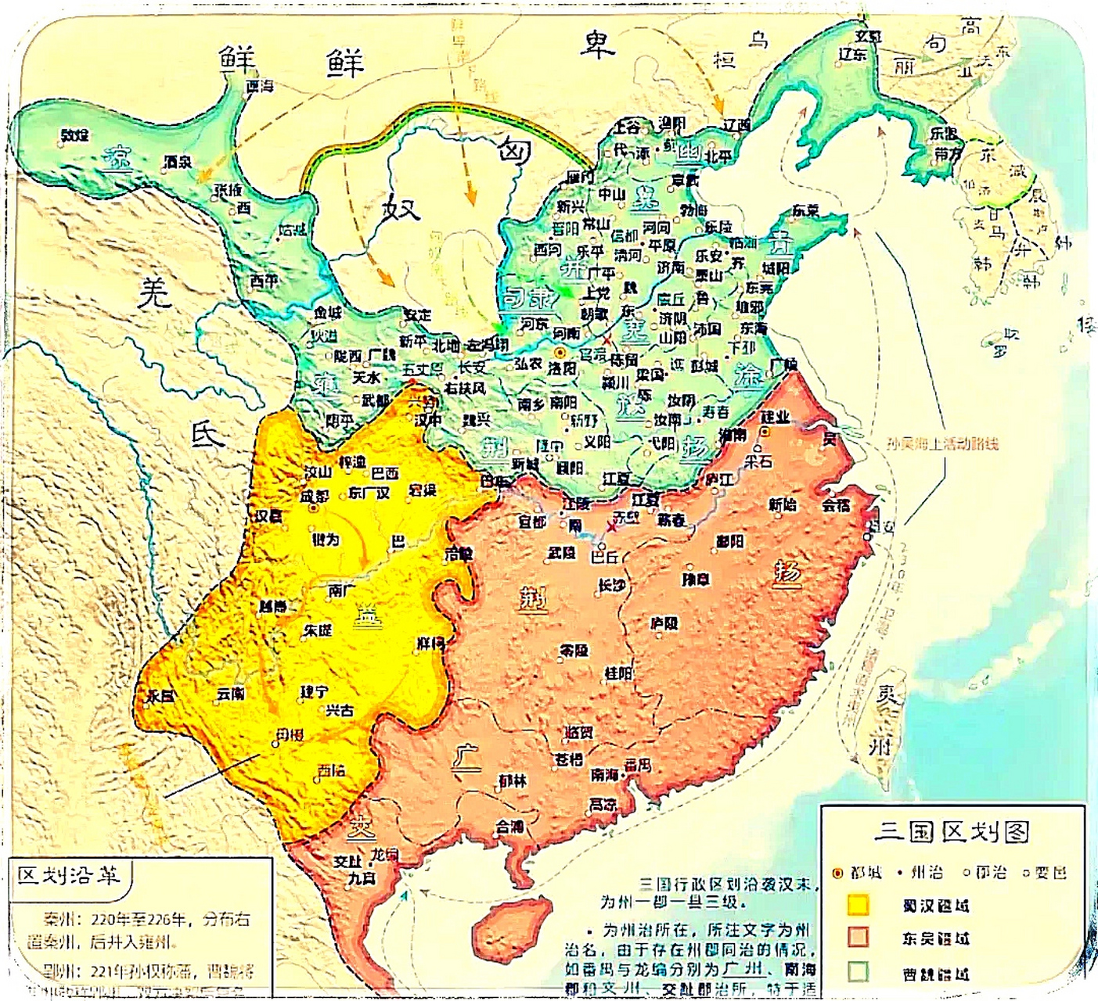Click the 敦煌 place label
(74, 136)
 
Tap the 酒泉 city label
(178, 162)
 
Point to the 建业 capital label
(775, 418)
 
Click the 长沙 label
(611, 584)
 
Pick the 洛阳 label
(561, 368)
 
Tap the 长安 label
(472, 367)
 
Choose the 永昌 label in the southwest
(160, 695)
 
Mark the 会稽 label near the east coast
(836, 505)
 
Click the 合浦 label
(509, 826)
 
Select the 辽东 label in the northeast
(852, 54)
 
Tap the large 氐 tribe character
(208, 432)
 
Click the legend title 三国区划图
(951, 831)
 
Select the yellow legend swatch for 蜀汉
(859, 905)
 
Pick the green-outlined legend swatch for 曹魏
(859, 972)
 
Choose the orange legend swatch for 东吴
(859, 938)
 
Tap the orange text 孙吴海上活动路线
(942, 443)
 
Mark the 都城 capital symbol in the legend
(837, 873)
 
